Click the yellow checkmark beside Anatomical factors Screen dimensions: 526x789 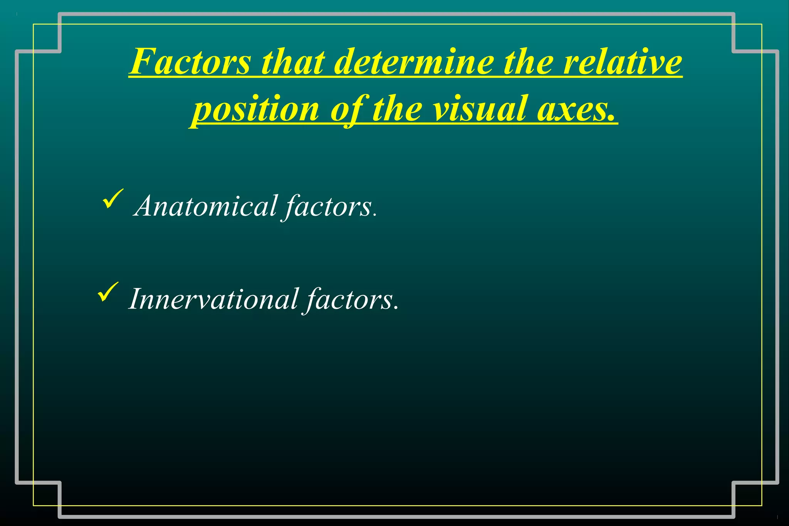(x=112, y=198)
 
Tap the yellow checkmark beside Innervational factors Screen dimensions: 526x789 (x=108, y=291)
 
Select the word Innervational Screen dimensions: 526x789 (x=214, y=299)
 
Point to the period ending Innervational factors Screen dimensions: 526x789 (x=396, y=308)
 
